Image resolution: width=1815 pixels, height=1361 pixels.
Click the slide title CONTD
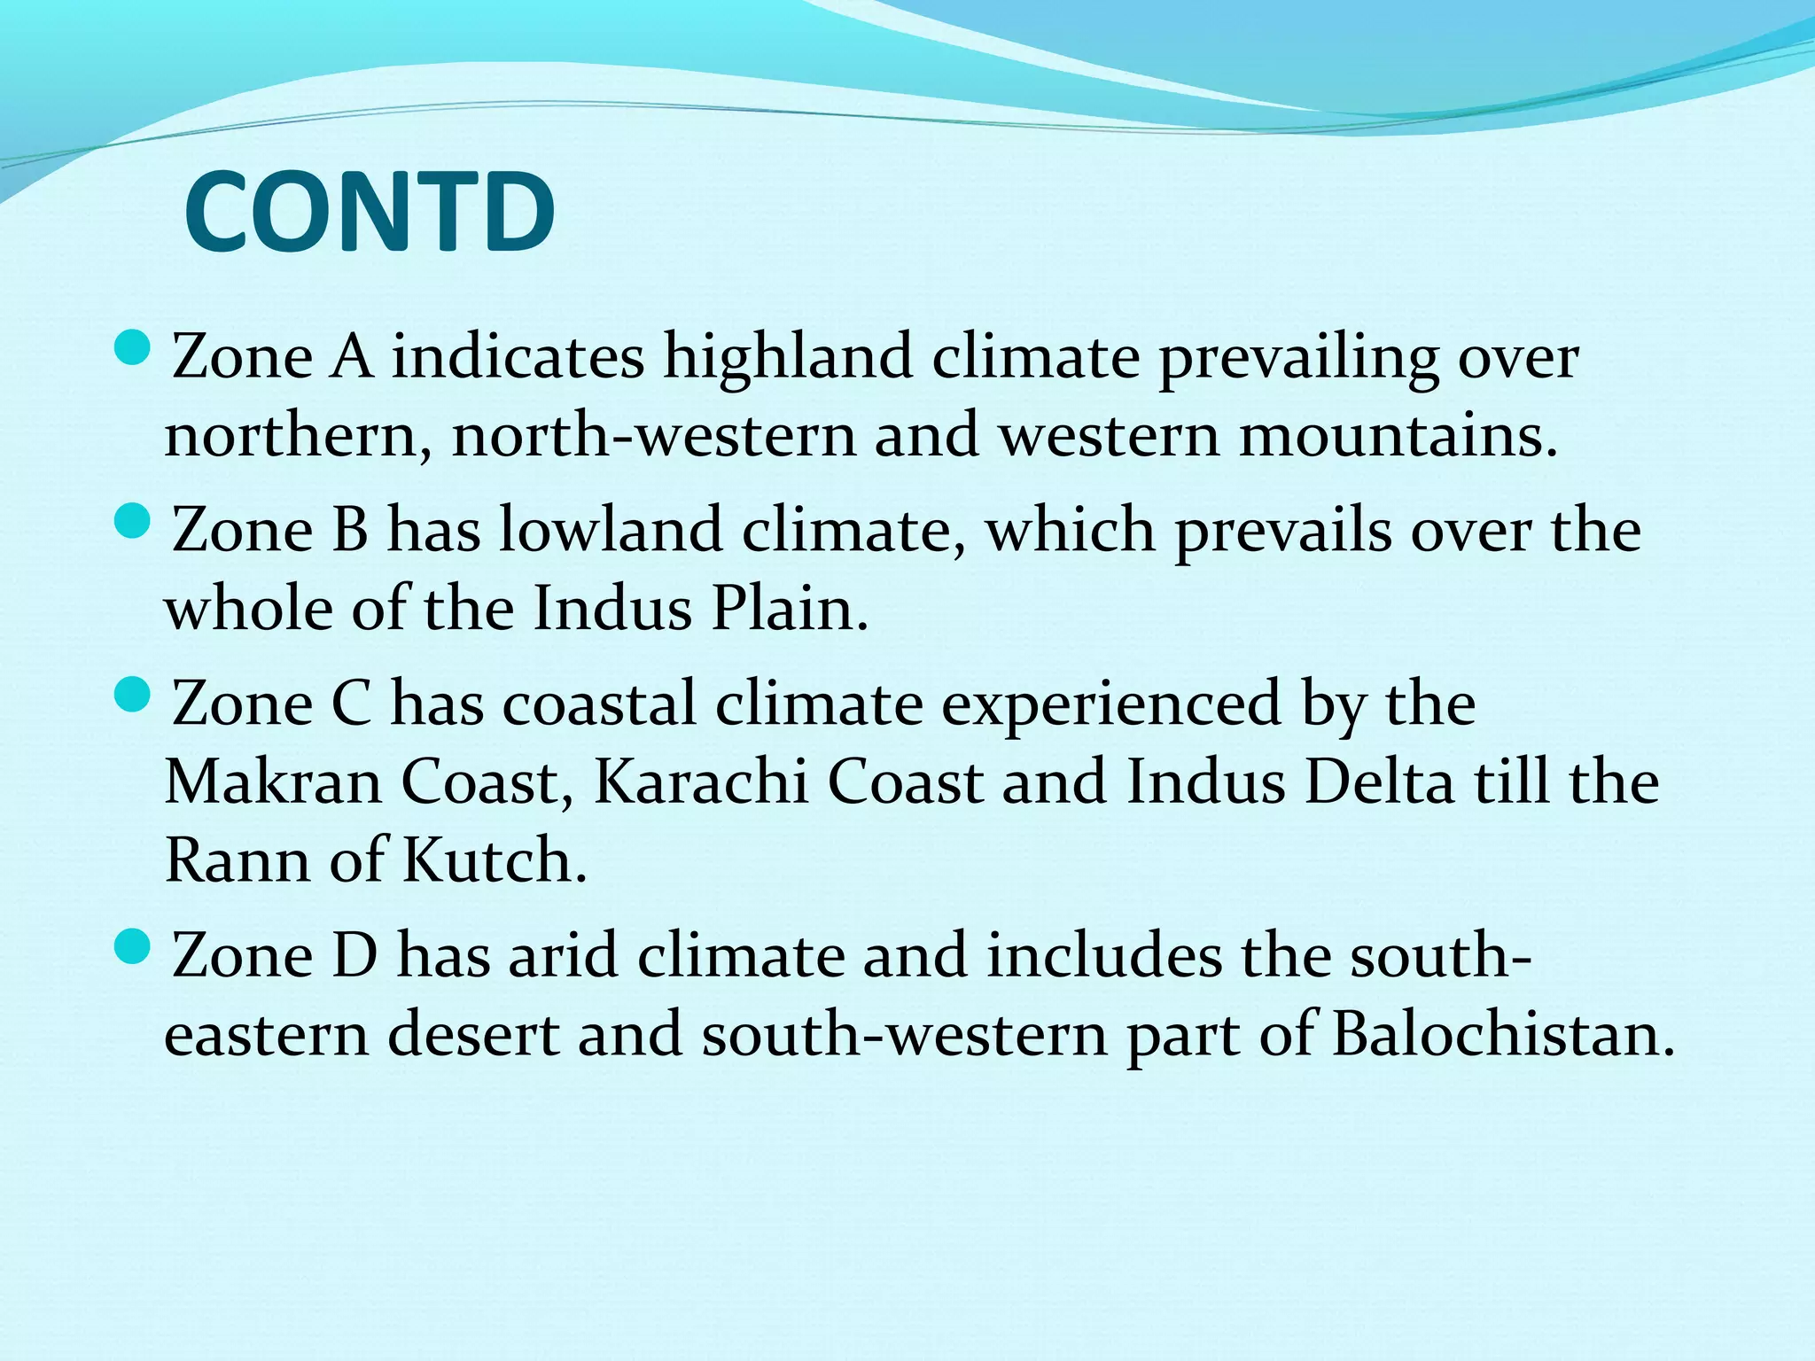pos(370,213)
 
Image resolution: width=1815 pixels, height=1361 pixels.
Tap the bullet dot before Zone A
pos(134,347)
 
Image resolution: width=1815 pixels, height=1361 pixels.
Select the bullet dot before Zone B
pos(134,520)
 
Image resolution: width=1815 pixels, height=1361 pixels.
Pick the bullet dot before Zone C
pos(134,694)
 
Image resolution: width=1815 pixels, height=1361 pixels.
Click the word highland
pos(788,357)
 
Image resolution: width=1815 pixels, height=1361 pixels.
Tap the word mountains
pos(1397,436)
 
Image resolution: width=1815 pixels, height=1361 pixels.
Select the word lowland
pos(611,530)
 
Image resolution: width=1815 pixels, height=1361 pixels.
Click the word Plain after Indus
pos(790,610)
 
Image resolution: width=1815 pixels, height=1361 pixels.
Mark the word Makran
pos(273,782)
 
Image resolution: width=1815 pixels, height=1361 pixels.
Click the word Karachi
pos(700,782)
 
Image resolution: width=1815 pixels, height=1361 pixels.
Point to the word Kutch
pos(494,860)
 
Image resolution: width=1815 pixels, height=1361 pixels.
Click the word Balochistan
pos(1502,1034)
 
